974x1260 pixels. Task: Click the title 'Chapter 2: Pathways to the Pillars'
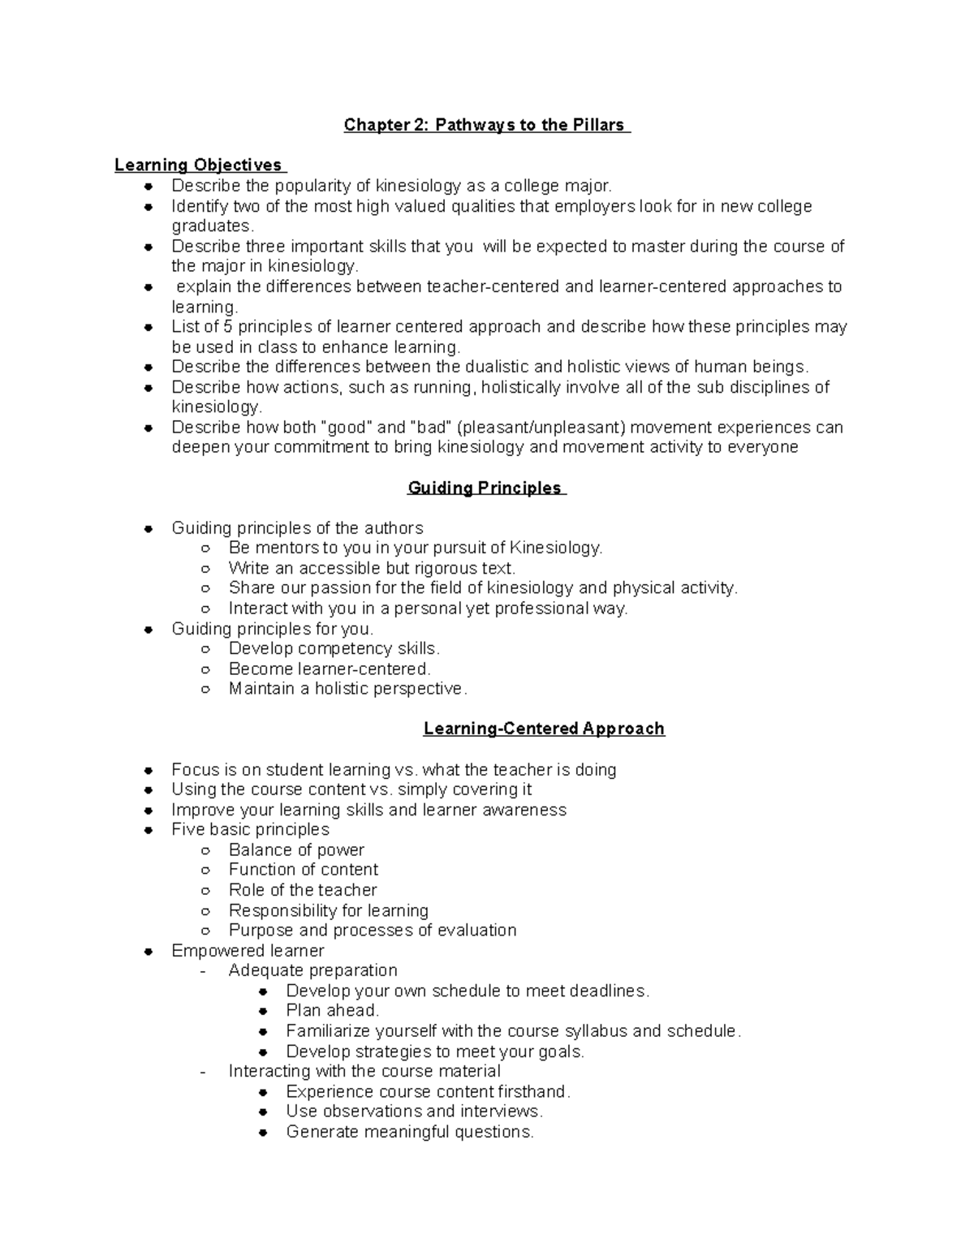(485, 125)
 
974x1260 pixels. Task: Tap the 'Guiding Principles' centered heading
(485, 488)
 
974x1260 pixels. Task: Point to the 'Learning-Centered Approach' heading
(544, 729)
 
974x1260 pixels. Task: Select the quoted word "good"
(347, 428)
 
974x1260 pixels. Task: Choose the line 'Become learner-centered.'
(330, 669)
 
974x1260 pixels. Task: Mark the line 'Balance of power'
(296, 850)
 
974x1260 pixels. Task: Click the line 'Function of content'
(303, 870)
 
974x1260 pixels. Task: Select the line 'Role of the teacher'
(303, 890)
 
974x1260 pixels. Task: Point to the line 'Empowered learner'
(248, 951)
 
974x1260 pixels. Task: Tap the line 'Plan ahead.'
(332, 1011)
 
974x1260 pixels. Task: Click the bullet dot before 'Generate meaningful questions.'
(263, 1133)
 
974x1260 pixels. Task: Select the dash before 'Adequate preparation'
(203, 971)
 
